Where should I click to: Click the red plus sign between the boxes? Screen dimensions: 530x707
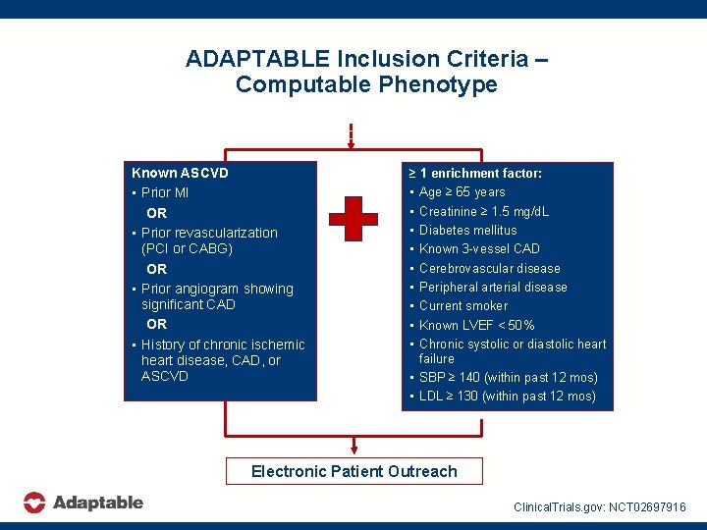(x=353, y=220)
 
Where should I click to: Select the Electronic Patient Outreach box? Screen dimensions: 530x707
(x=353, y=471)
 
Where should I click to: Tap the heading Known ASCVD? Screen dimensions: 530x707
(x=180, y=173)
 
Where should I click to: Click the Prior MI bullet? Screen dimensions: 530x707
(x=164, y=192)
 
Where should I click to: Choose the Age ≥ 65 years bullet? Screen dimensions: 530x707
(x=462, y=192)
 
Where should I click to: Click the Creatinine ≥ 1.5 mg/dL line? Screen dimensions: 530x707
(x=483, y=211)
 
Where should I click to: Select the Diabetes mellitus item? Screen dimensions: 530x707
(x=467, y=230)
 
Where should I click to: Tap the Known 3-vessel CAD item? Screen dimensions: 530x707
(x=479, y=248)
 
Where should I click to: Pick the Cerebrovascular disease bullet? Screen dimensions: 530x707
(x=489, y=268)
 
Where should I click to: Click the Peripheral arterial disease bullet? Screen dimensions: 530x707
(x=493, y=287)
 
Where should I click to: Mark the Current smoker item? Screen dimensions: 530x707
(x=463, y=305)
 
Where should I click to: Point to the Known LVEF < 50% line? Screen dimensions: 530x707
(x=476, y=325)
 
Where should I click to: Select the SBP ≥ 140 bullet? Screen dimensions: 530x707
(x=508, y=377)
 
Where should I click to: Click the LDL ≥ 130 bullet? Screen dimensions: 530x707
(x=507, y=397)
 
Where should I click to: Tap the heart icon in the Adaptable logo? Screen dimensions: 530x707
(x=34, y=503)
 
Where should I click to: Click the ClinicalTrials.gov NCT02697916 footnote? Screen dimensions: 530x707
(x=600, y=506)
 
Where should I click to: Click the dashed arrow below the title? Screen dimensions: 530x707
(x=351, y=134)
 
